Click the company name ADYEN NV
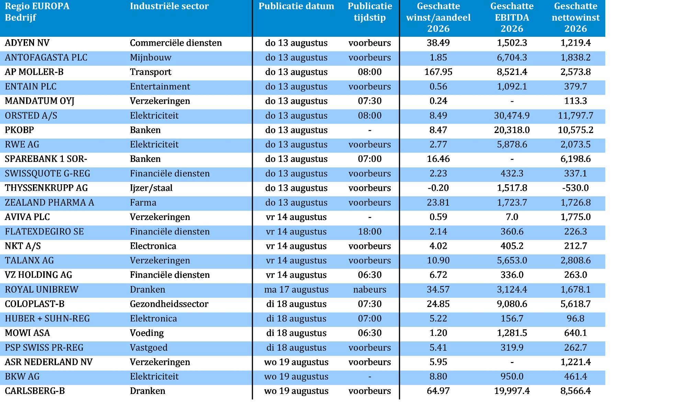(x=27, y=43)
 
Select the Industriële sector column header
(x=169, y=6)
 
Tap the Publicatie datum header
(x=296, y=6)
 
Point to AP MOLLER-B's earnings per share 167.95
(x=438, y=72)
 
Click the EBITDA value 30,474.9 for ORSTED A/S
(x=512, y=116)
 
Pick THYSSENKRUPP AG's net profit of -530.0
(x=576, y=188)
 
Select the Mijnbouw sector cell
(x=150, y=58)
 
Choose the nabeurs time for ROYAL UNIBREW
(x=370, y=289)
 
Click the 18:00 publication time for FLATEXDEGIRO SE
(x=370, y=231)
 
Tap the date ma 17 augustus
(x=296, y=290)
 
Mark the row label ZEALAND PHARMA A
(x=49, y=202)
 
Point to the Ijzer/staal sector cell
(x=151, y=188)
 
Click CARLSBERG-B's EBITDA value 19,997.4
(x=512, y=391)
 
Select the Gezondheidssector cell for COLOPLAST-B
(x=169, y=304)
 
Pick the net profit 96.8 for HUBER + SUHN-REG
(x=576, y=318)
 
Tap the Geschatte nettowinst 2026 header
(x=576, y=17)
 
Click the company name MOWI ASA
(x=27, y=333)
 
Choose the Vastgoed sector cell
(x=149, y=348)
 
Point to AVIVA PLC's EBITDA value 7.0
(x=512, y=217)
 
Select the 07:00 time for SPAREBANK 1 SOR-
(x=370, y=159)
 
